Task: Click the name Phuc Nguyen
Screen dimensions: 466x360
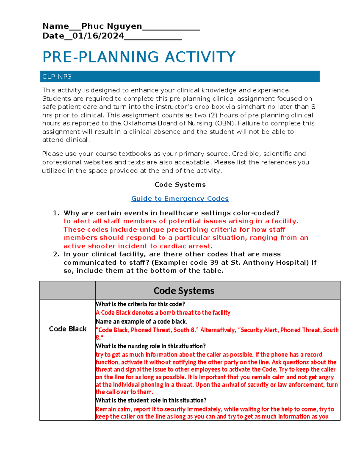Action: point(112,26)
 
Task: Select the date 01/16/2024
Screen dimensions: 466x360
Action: point(98,36)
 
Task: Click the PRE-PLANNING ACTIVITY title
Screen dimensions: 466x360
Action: point(139,57)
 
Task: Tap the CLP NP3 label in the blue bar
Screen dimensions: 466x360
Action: point(57,77)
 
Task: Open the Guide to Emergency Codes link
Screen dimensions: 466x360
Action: point(180,199)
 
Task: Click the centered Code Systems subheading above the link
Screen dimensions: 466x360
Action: point(180,185)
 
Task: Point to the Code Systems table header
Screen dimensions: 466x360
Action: point(184,290)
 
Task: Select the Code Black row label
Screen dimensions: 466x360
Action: point(67,329)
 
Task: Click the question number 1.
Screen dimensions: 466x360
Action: point(55,213)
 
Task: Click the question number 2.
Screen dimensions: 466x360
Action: point(55,254)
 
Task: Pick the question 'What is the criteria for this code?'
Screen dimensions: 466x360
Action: point(140,304)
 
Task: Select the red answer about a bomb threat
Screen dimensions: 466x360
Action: point(163,313)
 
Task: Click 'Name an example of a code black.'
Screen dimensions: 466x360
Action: point(141,321)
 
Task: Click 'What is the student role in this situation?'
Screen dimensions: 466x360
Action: point(151,400)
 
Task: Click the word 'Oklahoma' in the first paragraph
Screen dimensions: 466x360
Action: point(137,123)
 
